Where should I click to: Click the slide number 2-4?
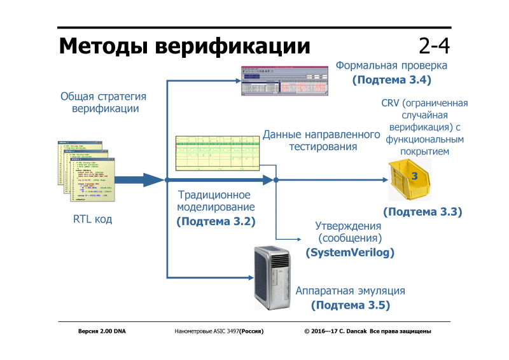click(434, 46)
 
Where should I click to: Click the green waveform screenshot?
click(219, 155)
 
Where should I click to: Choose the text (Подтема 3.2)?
click(216, 221)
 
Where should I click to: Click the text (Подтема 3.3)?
click(422, 211)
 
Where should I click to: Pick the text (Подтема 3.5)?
click(351, 305)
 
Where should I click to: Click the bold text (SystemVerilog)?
click(350, 253)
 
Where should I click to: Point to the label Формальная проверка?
click(391, 66)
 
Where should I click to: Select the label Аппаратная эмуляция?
click(350, 291)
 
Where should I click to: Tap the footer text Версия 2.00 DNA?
click(102, 331)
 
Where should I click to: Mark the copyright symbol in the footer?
click(307, 331)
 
